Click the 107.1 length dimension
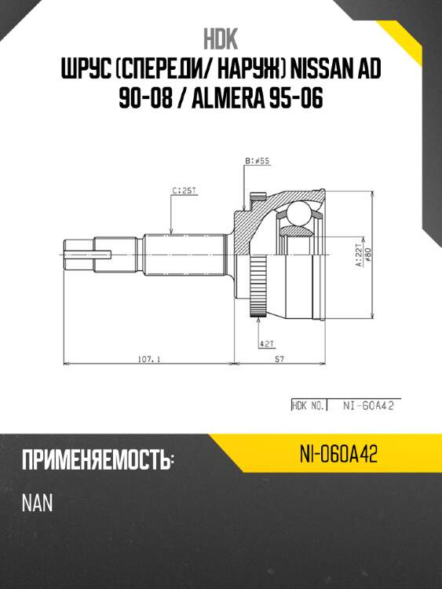point(148,359)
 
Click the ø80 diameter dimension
point(366,254)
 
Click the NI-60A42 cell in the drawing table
point(367,406)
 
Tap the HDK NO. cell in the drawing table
point(309,406)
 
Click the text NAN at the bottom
point(37,503)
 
